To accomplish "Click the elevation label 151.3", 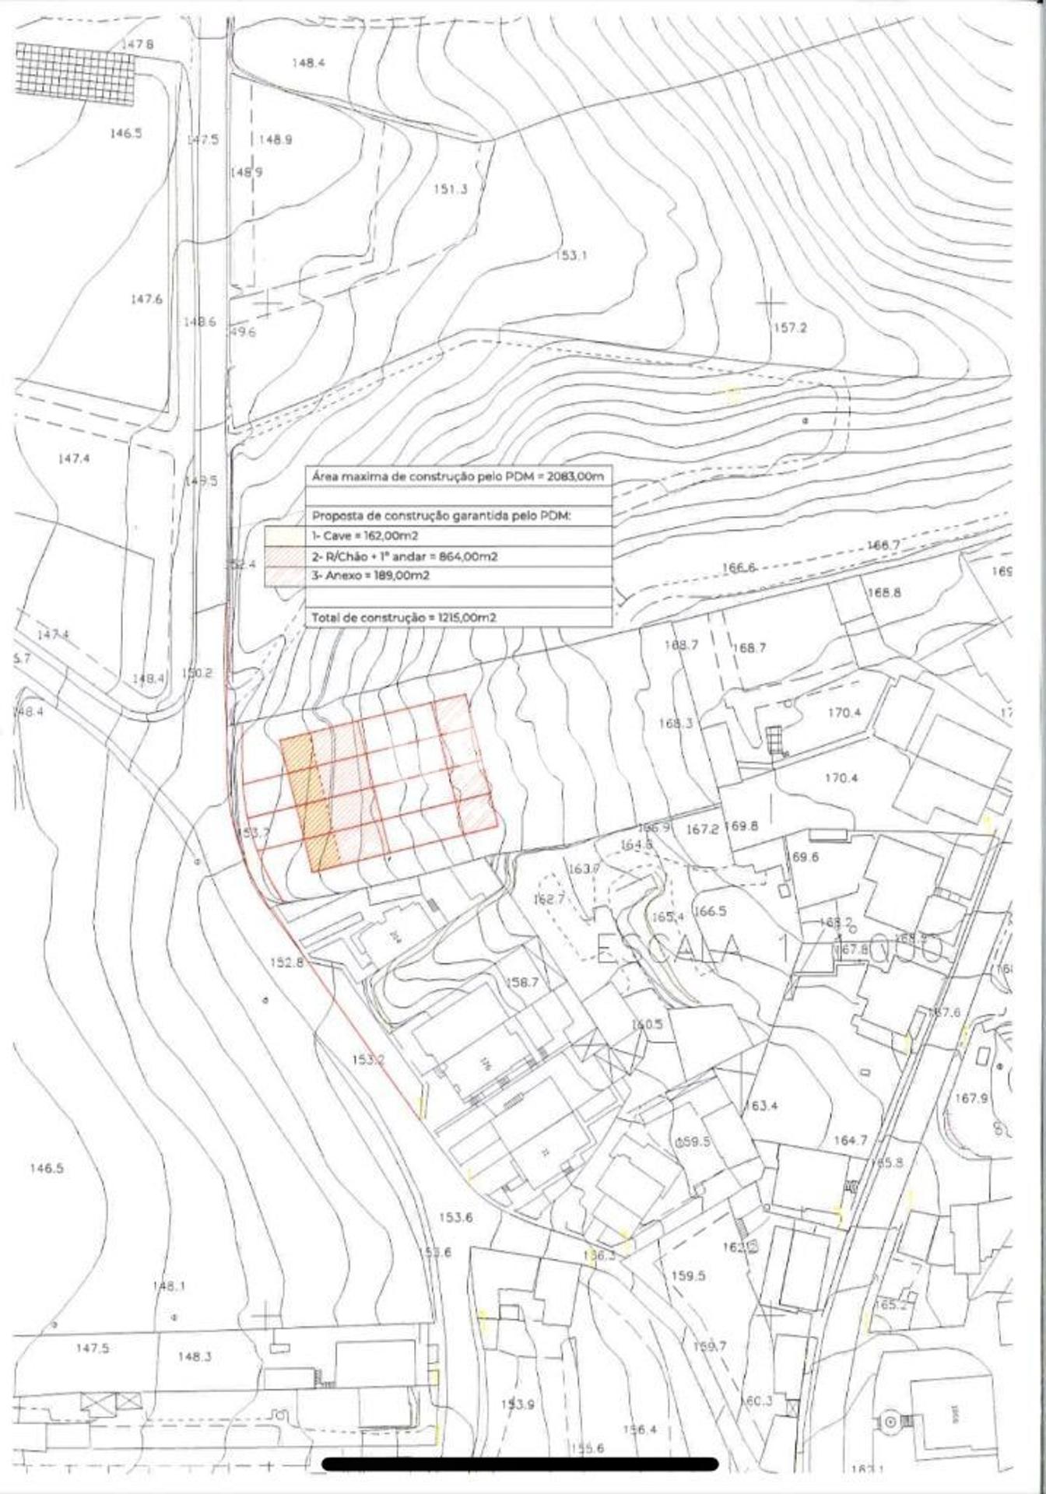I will tap(451, 189).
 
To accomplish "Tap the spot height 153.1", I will tap(572, 255).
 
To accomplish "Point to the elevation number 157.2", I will tap(790, 328).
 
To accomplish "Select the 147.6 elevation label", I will tap(146, 299).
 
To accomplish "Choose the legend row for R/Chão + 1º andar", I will tap(405, 556).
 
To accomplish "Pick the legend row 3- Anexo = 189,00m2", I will tap(370, 577).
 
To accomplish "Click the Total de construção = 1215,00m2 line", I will tap(404, 617).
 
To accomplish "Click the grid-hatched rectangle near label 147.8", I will tap(78, 72).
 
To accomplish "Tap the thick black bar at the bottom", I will tap(519, 1464).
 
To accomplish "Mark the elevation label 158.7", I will tap(523, 983).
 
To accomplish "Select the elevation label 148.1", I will tap(169, 1287).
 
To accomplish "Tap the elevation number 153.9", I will tap(518, 1405).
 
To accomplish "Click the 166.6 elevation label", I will tap(739, 568).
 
